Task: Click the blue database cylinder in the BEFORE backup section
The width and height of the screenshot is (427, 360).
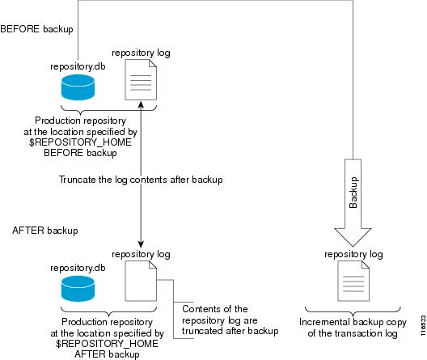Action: click(78, 87)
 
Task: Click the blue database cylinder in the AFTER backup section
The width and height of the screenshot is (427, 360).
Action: click(78, 289)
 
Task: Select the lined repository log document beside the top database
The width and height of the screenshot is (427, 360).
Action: click(141, 80)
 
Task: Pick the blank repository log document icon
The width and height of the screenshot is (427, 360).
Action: click(141, 281)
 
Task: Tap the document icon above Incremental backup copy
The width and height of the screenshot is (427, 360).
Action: click(353, 281)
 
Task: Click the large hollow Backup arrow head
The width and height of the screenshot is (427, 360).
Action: click(353, 236)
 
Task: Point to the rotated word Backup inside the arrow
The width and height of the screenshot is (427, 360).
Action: click(353, 193)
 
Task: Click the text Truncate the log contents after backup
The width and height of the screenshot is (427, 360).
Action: click(141, 180)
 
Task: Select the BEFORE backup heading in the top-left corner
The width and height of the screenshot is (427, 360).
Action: click(36, 29)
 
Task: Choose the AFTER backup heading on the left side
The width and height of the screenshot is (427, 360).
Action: click(45, 231)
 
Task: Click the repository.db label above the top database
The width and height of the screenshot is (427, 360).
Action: click(78, 66)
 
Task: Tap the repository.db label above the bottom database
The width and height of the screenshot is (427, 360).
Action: click(78, 268)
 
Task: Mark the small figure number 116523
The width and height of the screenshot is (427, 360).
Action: click(423, 325)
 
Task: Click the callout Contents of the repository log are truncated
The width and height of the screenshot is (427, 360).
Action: click(230, 320)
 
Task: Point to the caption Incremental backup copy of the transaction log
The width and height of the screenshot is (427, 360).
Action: click(353, 328)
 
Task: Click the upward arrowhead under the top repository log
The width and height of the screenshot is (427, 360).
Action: click(141, 104)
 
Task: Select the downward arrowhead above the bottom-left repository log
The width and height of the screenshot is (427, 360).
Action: click(141, 244)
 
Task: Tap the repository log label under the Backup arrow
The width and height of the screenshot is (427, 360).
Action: click(353, 254)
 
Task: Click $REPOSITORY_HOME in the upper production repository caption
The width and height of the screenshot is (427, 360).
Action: click(80, 142)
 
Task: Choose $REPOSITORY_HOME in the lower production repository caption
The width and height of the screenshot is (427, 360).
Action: click(107, 343)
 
